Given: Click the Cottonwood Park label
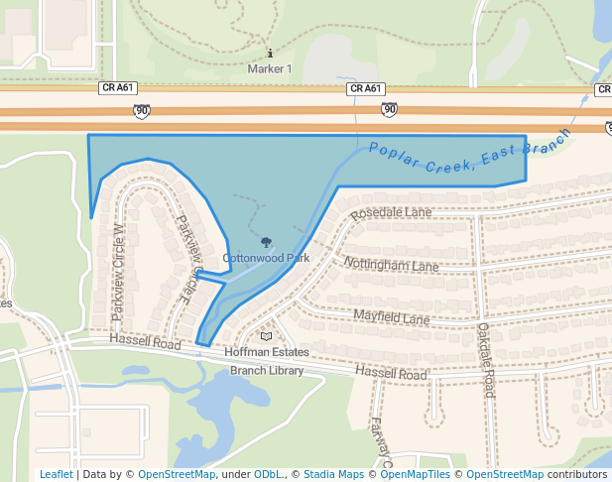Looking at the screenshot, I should click(266, 258).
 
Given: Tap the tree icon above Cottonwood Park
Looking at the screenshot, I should click(266, 241).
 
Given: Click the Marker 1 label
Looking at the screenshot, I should click(270, 69).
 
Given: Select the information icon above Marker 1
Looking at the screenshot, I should click(270, 53).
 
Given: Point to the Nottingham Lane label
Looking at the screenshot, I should click(391, 265).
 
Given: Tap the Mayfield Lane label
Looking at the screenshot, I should click(392, 318).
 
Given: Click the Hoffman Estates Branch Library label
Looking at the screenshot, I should click(267, 361).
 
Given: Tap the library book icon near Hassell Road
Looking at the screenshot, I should click(266, 336).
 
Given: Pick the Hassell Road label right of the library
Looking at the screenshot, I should click(393, 375).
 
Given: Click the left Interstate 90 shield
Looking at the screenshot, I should click(142, 111).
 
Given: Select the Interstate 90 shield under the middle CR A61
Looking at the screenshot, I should click(389, 109).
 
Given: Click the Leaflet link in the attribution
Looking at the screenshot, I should click(56, 474).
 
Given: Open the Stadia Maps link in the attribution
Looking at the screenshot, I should click(332, 474).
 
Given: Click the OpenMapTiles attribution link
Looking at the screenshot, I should click(418, 474).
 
